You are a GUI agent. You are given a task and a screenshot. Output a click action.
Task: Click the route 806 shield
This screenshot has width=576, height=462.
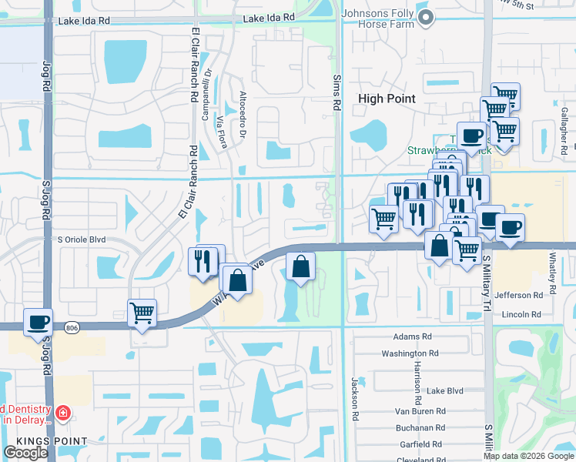pyautogui.click(x=72, y=326)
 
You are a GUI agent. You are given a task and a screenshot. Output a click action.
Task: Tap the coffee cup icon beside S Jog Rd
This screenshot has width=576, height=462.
pyautogui.click(x=38, y=323)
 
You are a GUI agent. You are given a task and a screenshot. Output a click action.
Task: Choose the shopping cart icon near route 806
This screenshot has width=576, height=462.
pyautogui.click(x=142, y=313)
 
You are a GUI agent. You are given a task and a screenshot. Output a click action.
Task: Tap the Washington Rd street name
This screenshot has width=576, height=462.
pyautogui.click(x=410, y=353)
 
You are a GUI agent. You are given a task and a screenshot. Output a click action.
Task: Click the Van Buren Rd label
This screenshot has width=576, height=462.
pyautogui.click(x=418, y=410)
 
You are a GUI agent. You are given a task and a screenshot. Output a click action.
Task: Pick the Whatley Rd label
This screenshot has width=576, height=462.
pyautogui.click(x=552, y=273)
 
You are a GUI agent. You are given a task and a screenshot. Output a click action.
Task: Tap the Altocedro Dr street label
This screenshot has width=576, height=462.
pyautogui.click(x=243, y=115)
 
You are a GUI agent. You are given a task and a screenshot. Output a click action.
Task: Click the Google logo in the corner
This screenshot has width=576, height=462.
pyautogui.click(x=25, y=453)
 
